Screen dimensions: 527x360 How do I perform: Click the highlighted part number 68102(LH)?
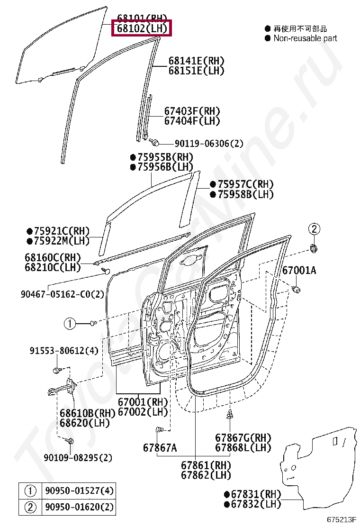pyautogui.click(x=142, y=28)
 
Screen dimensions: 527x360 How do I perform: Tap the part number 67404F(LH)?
pyautogui.click(x=192, y=121)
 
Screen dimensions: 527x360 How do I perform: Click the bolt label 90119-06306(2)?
pyautogui.click(x=209, y=143)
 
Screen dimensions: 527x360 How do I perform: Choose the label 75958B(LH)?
pyautogui.click(x=245, y=194)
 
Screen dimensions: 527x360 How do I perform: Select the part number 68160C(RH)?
pyautogui.click(x=53, y=258)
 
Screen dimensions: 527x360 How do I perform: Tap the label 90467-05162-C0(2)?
pyautogui.click(x=62, y=294)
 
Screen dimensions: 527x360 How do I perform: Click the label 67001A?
pyautogui.click(x=299, y=271)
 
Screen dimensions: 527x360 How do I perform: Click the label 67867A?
pyautogui.click(x=160, y=447)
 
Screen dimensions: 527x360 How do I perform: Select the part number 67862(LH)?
pyautogui.click(x=206, y=474)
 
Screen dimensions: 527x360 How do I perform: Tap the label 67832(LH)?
pyautogui.click(x=256, y=504)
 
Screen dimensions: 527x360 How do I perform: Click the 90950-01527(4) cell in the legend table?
pyautogui.click(x=79, y=491)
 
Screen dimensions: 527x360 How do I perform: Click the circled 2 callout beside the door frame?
pyautogui.click(x=314, y=229)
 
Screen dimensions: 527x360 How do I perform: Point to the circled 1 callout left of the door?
pyautogui.click(x=70, y=324)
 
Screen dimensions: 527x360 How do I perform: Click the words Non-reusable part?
pyautogui.click(x=305, y=38)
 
